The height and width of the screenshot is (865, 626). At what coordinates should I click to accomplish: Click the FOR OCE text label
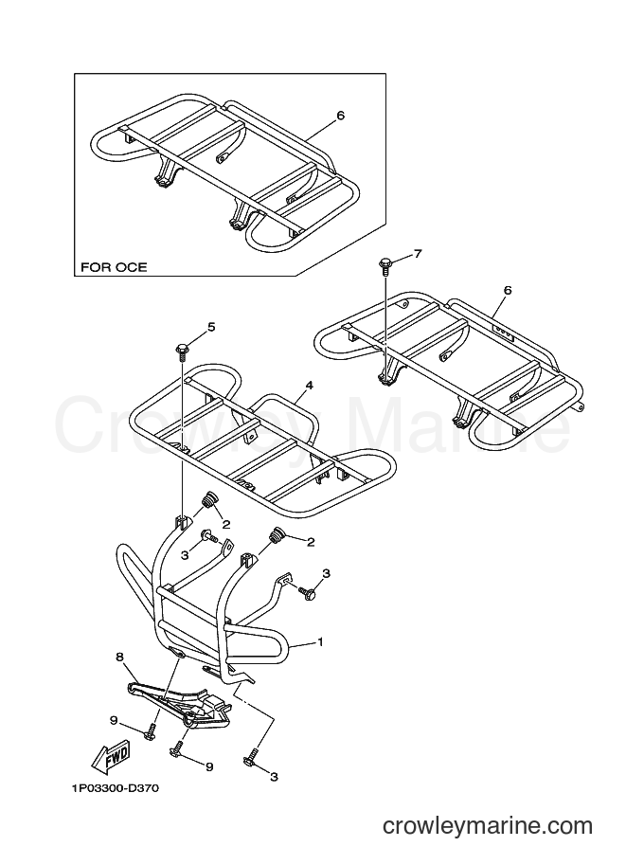coord(115,267)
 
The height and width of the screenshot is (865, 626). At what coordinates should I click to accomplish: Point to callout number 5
coord(211,327)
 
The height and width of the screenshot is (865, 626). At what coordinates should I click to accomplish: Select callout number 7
coord(418,254)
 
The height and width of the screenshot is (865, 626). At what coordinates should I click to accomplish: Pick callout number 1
coord(320,642)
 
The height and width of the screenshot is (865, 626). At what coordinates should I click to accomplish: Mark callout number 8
coord(119,657)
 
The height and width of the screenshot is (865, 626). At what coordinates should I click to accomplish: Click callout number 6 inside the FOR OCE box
coord(340,116)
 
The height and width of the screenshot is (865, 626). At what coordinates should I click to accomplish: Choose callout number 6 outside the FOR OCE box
coord(508,290)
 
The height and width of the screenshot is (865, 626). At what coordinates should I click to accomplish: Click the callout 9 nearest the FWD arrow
coord(113,720)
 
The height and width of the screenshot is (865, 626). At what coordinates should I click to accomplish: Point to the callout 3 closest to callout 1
coord(326,574)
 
